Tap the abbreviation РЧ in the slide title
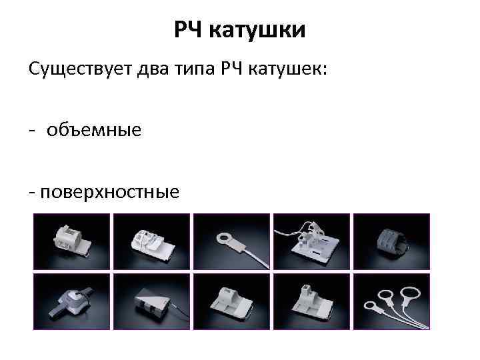click(x=191, y=30)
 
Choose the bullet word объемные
click(x=93, y=130)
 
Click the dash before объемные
click(x=33, y=131)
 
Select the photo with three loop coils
click(x=391, y=301)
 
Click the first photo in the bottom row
click(x=72, y=301)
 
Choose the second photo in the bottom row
click(x=151, y=301)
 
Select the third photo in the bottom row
click(x=231, y=301)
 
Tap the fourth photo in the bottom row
click(x=311, y=301)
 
